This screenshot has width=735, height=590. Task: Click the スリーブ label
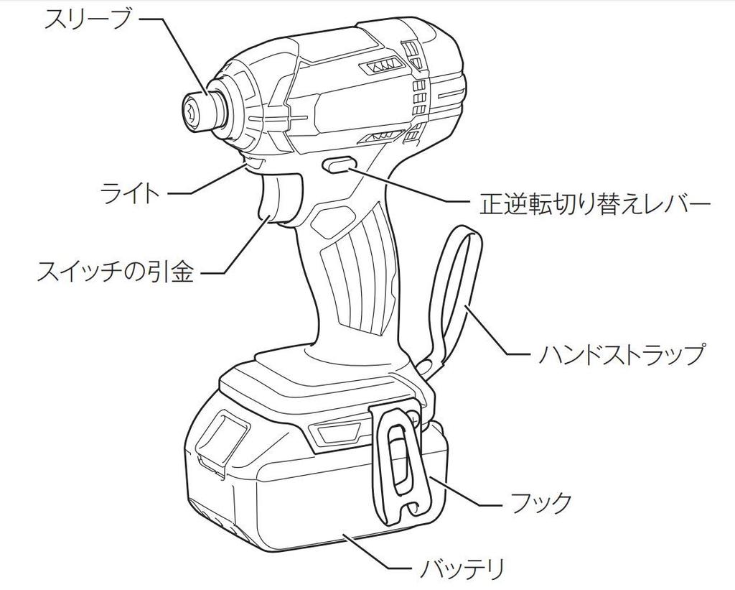pyautogui.click(x=87, y=19)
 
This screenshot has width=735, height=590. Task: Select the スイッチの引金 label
pyautogui.click(x=116, y=272)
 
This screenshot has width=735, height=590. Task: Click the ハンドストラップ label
pyautogui.click(x=622, y=354)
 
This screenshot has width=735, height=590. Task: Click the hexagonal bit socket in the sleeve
pyautogui.click(x=192, y=111)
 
